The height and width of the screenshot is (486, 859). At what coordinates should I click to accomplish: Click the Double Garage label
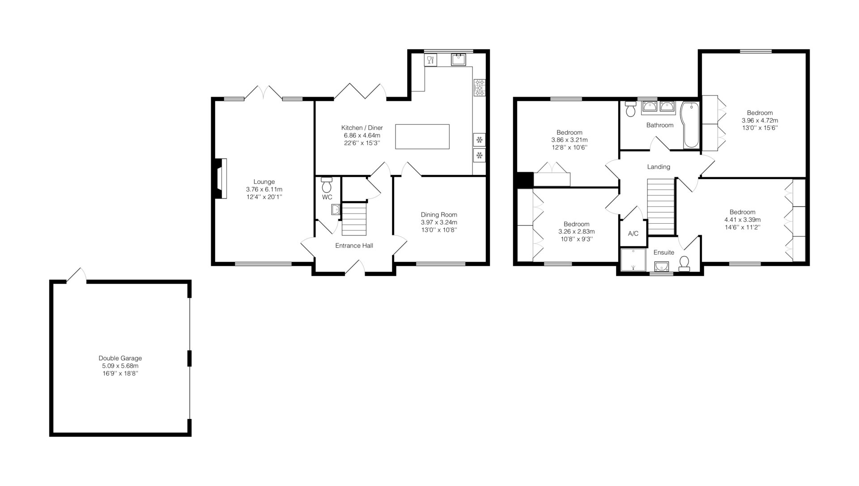click(x=120, y=358)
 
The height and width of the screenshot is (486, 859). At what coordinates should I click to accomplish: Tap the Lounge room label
click(x=264, y=182)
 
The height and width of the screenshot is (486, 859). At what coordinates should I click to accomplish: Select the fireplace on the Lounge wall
click(x=221, y=178)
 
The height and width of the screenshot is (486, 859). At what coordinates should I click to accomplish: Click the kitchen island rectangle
click(x=422, y=136)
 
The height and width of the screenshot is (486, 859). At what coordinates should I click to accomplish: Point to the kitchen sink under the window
click(x=458, y=60)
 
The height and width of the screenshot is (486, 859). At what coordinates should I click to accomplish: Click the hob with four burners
click(x=479, y=87)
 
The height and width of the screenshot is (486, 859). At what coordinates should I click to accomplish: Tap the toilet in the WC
click(x=327, y=185)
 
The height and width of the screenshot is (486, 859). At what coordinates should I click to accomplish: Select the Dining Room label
click(x=439, y=215)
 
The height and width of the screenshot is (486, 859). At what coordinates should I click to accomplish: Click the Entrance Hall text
click(x=354, y=246)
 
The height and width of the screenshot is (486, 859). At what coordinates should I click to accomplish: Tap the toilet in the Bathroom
click(x=631, y=109)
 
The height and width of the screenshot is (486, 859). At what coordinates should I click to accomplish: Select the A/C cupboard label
click(x=633, y=234)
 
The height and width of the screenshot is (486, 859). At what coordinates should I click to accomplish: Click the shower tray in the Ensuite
click(x=634, y=260)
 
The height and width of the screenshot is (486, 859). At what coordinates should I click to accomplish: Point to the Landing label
click(x=659, y=167)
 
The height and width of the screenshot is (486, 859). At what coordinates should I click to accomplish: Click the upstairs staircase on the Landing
click(x=661, y=206)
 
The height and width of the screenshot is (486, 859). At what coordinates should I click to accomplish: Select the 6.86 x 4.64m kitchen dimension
click(x=362, y=136)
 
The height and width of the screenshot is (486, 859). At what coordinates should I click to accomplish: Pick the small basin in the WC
click(x=336, y=209)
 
